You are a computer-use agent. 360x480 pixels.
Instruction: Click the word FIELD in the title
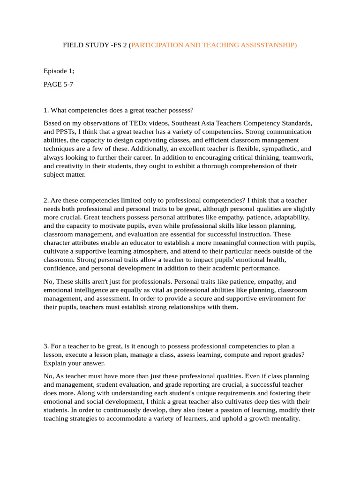[73, 45]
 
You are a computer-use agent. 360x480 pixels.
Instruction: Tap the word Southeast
[178, 123]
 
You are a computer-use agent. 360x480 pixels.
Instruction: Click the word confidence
[59, 268]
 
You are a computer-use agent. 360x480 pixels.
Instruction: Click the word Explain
[56, 363]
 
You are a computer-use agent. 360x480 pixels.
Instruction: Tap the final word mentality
[283, 419]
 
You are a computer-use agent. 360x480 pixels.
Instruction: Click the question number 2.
[46, 201]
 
